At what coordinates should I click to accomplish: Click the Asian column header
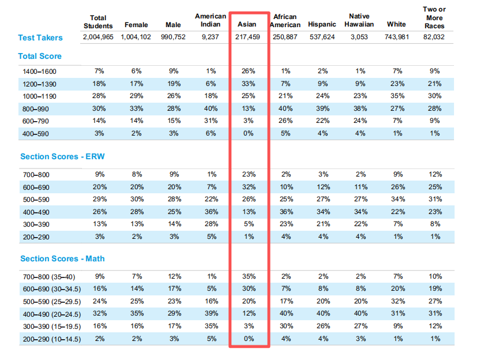tap(247, 25)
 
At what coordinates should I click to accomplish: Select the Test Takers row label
tap(40, 38)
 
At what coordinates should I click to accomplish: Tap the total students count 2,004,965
tap(98, 38)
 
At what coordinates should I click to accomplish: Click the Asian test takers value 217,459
tap(247, 38)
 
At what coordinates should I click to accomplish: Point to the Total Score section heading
tap(40, 57)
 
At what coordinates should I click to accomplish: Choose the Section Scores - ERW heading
tap(62, 157)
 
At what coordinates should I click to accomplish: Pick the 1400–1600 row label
tap(42, 71)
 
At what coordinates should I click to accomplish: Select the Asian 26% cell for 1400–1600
tap(249, 71)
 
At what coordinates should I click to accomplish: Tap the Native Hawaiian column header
tap(359, 21)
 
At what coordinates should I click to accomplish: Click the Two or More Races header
tap(434, 17)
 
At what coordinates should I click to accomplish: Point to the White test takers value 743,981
tap(396, 38)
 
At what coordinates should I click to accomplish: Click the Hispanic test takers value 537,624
tap(322, 38)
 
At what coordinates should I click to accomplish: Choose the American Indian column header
tap(211, 21)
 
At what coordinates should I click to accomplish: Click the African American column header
tap(286, 21)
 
